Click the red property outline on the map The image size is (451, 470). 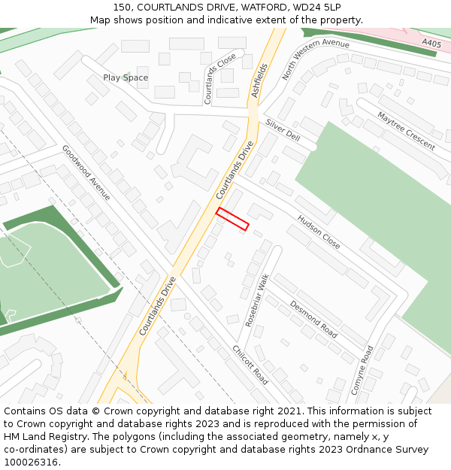click(x=232, y=218)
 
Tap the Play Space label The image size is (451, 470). click(x=126, y=77)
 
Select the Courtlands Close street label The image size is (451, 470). click(x=219, y=79)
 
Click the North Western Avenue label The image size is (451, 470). click(x=316, y=59)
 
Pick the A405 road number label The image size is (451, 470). click(x=431, y=44)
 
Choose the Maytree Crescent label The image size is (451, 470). click(x=406, y=131)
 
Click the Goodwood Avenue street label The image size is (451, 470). click(x=86, y=172)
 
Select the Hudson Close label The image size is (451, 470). click(x=319, y=232)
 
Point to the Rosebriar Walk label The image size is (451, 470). click(x=256, y=300)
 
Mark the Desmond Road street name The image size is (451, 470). click(x=313, y=318)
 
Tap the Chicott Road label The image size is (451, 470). click(x=250, y=365)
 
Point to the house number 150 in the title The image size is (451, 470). click(x=123, y=7)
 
